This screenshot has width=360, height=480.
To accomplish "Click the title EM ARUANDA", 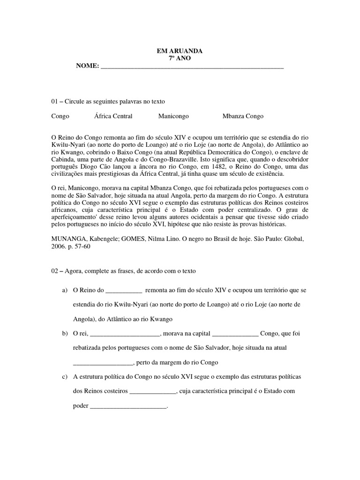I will (x=180, y=51).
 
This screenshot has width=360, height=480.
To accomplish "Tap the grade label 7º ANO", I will (x=180, y=58).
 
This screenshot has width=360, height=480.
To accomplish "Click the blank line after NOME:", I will (x=192, y=67).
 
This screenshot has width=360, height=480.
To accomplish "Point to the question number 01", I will (x=55, y=101).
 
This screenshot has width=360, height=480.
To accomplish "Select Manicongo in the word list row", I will (x=173, y=116).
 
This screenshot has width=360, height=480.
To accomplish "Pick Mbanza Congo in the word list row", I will (x=243, y=116).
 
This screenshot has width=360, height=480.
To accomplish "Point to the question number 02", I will (x=55, y=271).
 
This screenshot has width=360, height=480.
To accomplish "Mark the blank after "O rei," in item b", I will (x=124, y=334).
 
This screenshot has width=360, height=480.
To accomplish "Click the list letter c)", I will (x=65, y=377).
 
